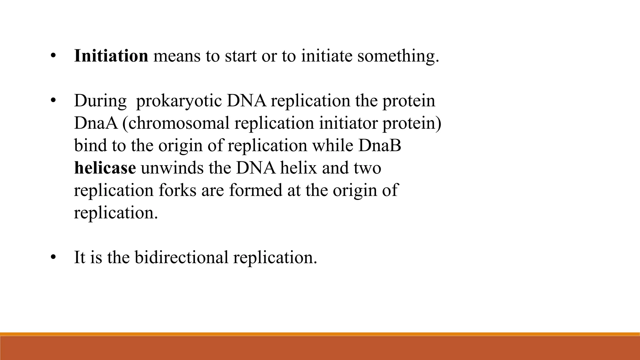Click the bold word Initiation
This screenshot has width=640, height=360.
(x=111, y=56)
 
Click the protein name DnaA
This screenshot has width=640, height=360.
(x=96, y=123)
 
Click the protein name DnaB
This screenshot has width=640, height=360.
(x=379, y=146)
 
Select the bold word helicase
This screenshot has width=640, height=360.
(x=105, y=168)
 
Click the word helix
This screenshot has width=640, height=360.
(x=298, y=168)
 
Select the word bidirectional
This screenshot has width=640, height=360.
(x=182, y=258)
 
